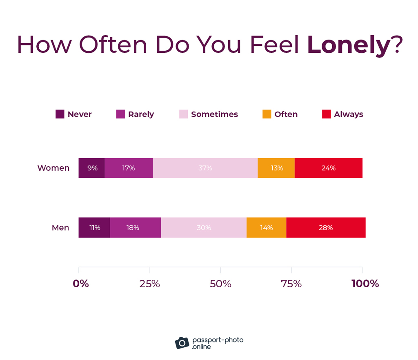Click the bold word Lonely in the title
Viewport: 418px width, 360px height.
348,45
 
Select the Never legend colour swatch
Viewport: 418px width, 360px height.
60,114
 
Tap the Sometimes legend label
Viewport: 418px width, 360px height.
214,114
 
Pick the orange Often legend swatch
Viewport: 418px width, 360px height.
267,114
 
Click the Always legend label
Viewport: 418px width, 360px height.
348,114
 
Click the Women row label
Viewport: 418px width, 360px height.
53,168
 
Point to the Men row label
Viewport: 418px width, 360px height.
60,228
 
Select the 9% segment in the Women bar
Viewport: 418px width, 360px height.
92,168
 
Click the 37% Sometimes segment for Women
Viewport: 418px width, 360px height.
205,168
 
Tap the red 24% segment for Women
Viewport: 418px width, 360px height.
328,168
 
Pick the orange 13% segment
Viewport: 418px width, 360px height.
276,168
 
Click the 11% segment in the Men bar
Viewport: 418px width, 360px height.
94,228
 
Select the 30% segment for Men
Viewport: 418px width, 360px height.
204,228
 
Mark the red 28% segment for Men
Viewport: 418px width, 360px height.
326,228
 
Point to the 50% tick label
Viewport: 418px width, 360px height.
220,284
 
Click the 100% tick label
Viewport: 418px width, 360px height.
365,284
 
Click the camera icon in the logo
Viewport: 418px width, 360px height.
182,343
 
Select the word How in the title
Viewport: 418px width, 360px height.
44,45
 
